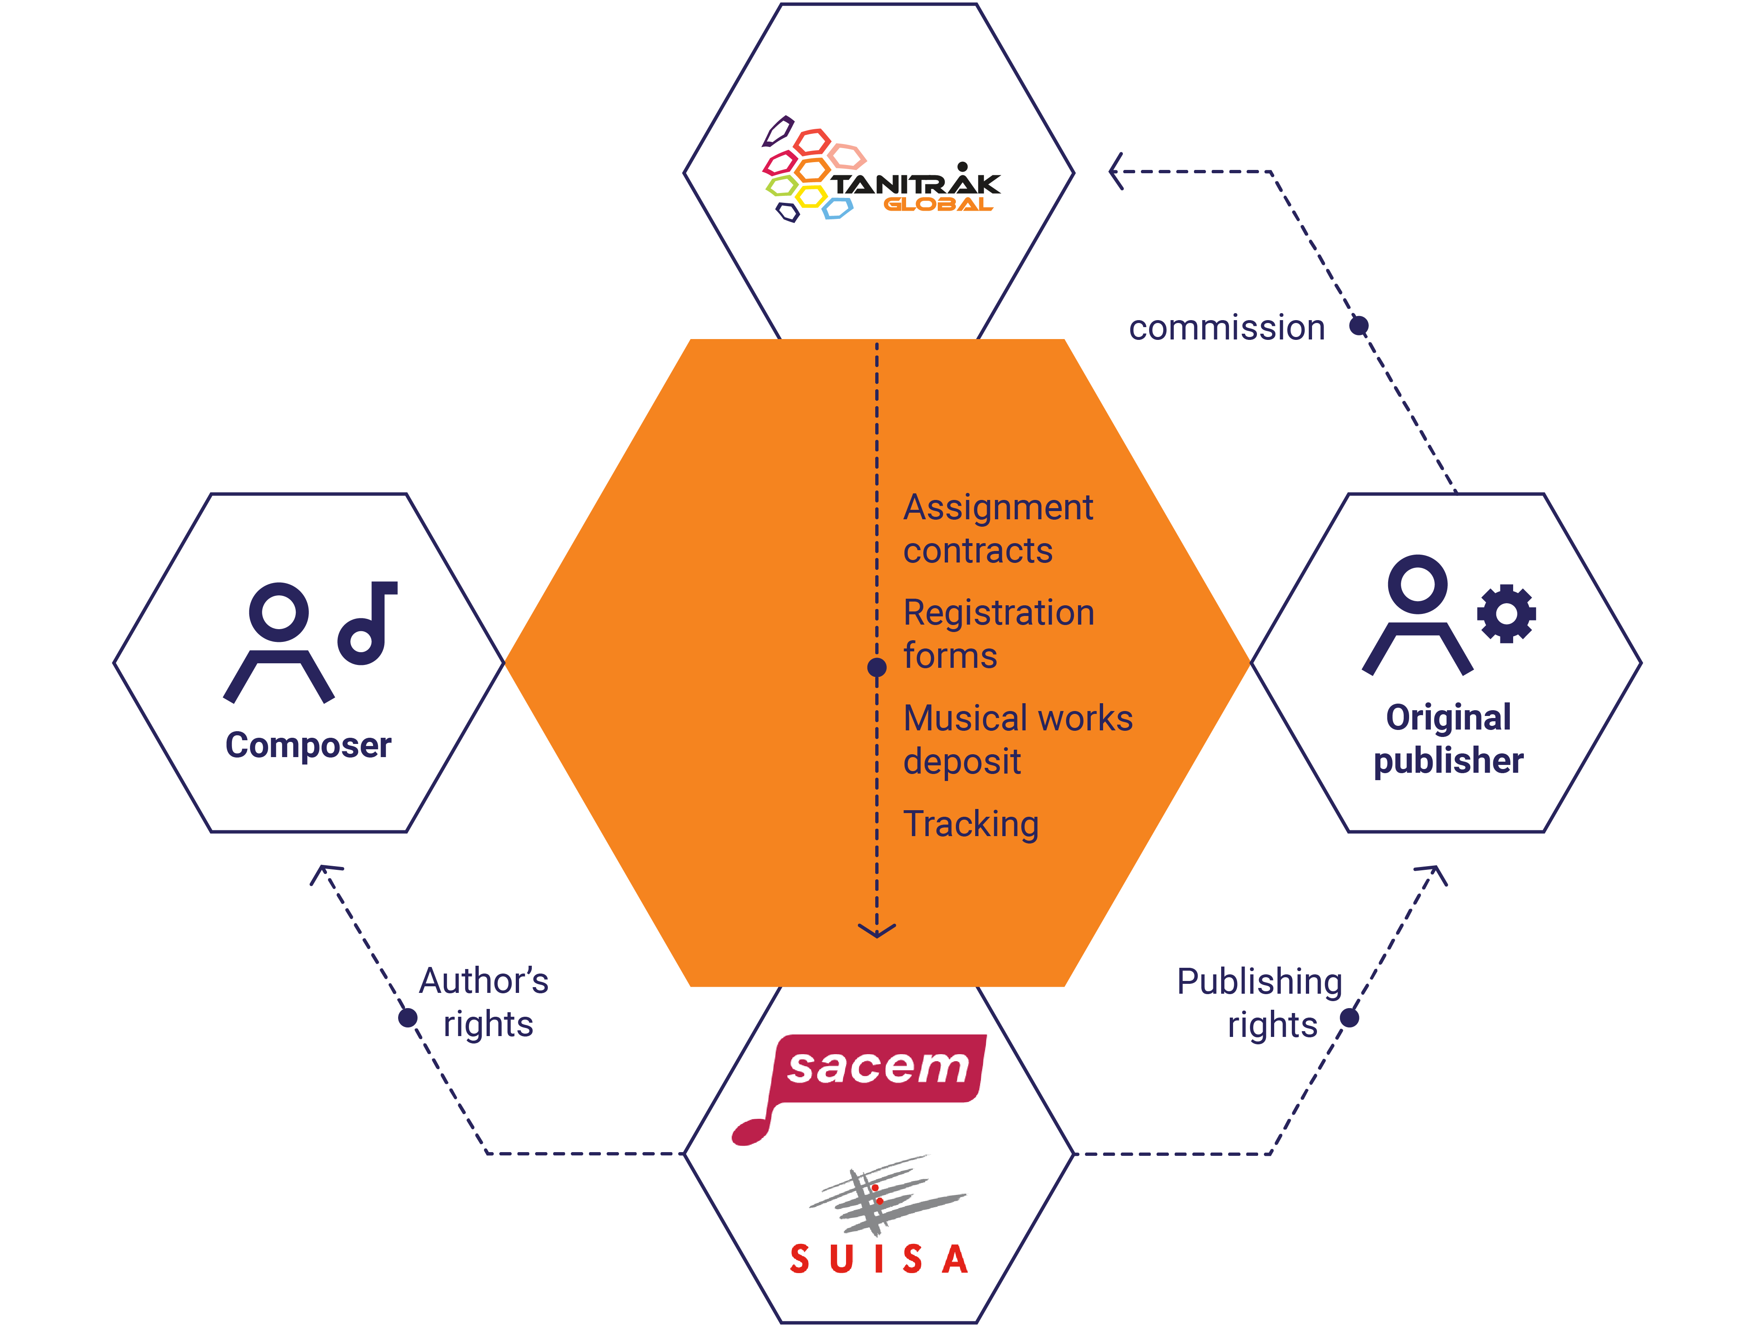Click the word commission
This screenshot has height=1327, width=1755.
1226,328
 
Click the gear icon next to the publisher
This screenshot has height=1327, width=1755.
1506,614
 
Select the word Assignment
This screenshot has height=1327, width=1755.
998,507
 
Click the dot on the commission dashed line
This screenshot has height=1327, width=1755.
1359,325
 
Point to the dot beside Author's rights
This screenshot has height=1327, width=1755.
408,1018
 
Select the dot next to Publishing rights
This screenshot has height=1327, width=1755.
1349,1018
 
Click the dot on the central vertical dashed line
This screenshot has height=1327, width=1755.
877,667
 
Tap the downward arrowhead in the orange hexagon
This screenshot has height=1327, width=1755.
877,930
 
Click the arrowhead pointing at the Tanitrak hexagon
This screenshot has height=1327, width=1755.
1115,172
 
